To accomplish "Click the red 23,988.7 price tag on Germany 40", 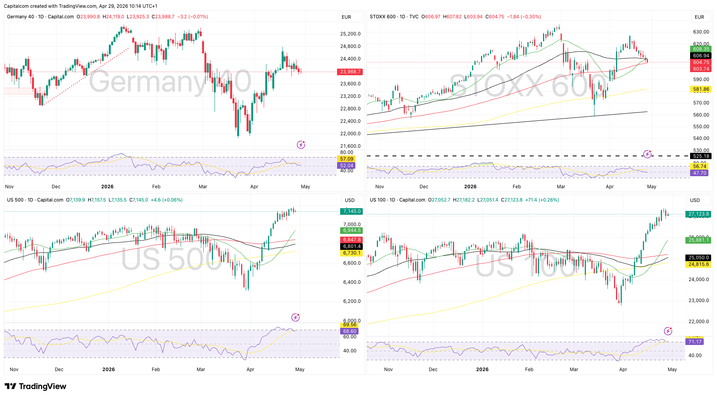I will (351, 72).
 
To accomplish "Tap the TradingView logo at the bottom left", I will (35, 386).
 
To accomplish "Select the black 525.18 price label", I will (701, 156).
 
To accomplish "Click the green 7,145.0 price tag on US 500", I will (351, 211).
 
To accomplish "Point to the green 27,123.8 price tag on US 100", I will (698, 214).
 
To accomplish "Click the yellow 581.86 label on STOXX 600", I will (701, 89).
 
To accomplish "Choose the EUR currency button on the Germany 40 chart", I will (346, 17).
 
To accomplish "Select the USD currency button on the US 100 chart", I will (695, 200).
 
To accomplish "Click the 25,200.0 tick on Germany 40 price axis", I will (350, 34).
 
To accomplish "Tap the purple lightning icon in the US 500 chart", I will (296, 317).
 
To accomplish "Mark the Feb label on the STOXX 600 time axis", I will (516, 187).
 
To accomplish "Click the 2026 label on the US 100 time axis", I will (482, 370).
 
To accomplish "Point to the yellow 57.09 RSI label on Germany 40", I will (346, 159).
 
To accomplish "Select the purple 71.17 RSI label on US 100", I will (695, 342).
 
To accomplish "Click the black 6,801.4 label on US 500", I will (351, 246).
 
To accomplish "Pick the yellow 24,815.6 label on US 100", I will (698, 264).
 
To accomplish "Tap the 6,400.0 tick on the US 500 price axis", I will (351, 282).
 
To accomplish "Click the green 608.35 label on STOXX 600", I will (701, 49).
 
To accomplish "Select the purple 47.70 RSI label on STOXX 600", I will (699, 173).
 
